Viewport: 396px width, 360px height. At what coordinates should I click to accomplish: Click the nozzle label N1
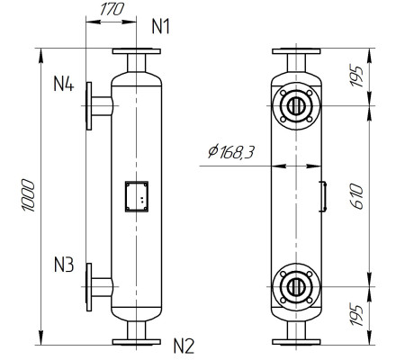click(160, 27)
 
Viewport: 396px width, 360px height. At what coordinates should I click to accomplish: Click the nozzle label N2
click(184, 345)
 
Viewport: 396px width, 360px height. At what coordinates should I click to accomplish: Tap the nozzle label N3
click(63, 265)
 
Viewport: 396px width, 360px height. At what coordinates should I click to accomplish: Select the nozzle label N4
click(63, 85)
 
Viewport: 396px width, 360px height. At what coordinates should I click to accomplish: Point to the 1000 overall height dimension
click(28, 193)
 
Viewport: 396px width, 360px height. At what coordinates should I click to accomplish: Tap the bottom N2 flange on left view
click(137, 341)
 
